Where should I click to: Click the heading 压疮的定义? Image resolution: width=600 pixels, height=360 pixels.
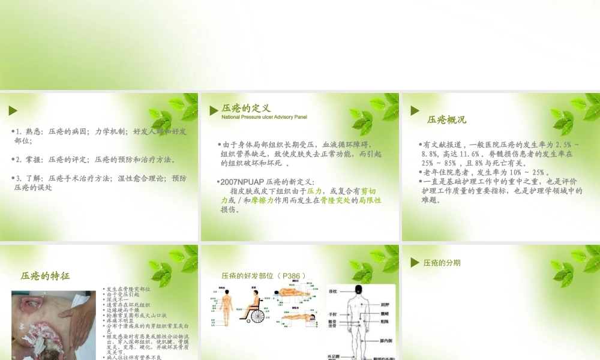click(246, 108)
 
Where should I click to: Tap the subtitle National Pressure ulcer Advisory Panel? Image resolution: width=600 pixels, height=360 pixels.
click(264, 117)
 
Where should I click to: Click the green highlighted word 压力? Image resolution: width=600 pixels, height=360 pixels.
click(314, 191)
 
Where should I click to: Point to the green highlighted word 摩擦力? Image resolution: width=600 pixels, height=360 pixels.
click(262, 200)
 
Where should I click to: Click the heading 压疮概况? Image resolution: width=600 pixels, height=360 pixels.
click(446, 119)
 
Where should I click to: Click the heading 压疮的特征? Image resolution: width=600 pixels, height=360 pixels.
click(45, 276)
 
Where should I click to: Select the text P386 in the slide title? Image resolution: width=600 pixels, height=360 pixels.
click(292, 276)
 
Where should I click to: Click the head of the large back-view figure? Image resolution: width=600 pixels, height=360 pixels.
click(359, 290)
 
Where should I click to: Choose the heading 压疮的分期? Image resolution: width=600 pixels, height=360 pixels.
click(442, 263)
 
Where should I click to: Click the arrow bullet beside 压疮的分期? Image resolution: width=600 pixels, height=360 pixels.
click(415, 263)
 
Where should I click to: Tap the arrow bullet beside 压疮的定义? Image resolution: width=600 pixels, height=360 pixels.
click(214, 110)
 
